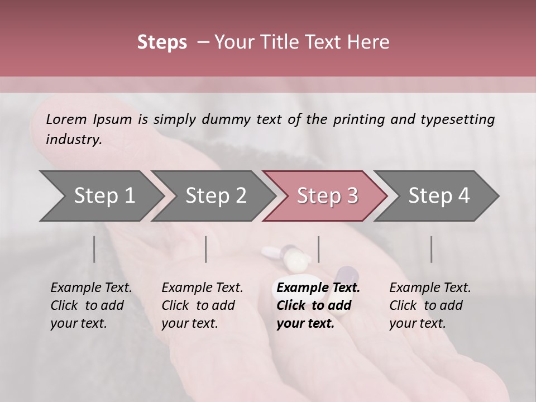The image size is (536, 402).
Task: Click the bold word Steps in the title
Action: [x=162, y=42]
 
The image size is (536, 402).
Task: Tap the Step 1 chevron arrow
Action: [x=100, y=195]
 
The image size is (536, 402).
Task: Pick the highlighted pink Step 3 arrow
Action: [x=325, y=195]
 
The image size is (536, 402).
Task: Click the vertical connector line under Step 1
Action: [x=94, y=249]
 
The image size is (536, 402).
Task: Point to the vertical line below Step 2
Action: [x=206, y=249]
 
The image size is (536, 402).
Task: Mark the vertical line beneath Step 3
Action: [x=318, y=249]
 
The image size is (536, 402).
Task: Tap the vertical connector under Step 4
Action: [x=431, y=249]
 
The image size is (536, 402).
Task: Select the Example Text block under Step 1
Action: [x=91, y=305]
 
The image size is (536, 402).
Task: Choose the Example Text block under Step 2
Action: [x=202, y=305]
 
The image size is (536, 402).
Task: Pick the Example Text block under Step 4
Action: [x=430, y=305]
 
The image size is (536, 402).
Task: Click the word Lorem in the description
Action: [x=66, y=119]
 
